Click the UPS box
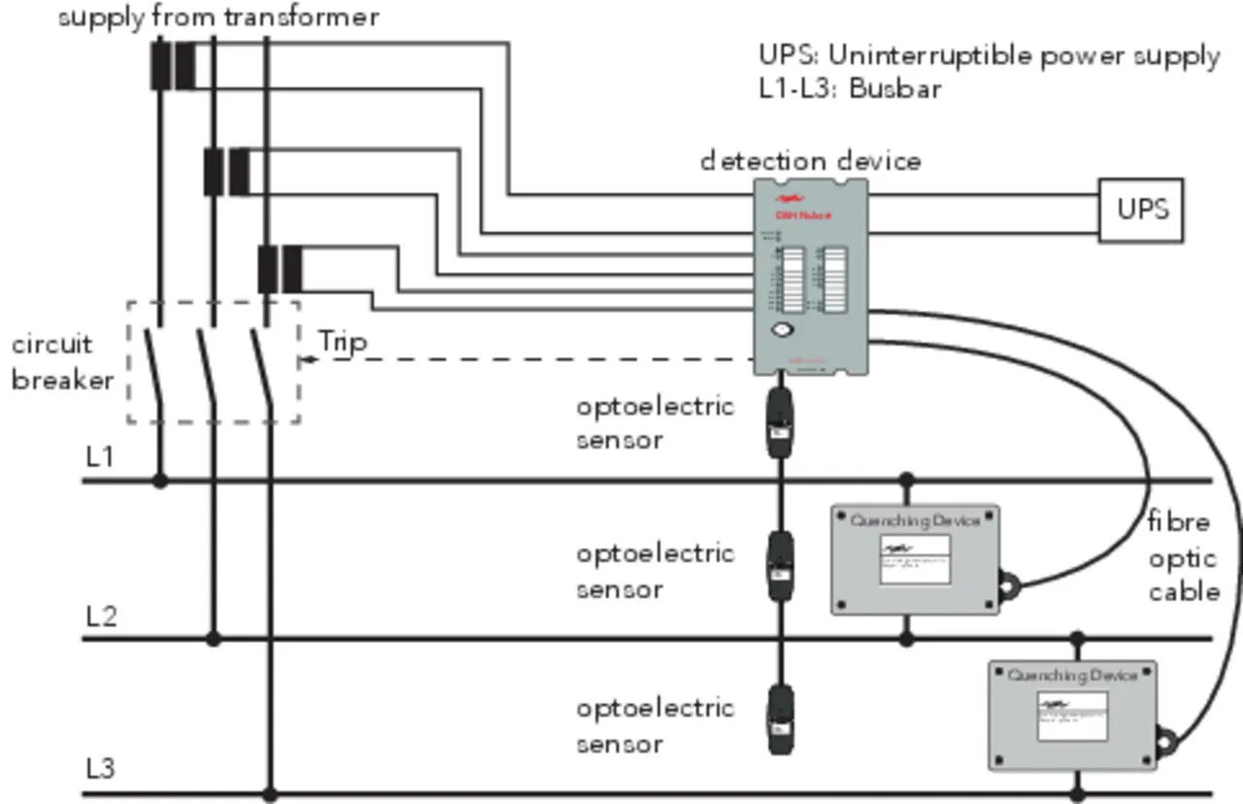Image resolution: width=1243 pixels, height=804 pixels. coord(1141,210)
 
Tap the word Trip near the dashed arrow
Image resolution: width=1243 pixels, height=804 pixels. coord(343,342)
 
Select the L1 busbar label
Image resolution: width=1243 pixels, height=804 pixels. coord(101,456)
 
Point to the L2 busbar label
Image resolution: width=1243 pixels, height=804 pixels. coord(101,616)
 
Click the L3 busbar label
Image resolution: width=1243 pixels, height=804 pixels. coord(101,769)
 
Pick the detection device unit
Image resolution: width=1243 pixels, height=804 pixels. coord(811,278)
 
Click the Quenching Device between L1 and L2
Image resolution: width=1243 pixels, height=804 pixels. coord(915,559)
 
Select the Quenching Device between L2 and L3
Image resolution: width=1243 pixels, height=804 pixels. coord(1072,715)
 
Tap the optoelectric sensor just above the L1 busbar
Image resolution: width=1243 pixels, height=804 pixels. coord(780,423)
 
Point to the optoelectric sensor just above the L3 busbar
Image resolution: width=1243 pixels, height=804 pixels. coord(780,720)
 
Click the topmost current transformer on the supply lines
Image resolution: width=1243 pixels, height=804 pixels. coord(173,65)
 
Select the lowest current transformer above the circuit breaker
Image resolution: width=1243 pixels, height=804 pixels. coord(280,270)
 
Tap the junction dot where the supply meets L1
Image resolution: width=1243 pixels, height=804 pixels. coord(160,481)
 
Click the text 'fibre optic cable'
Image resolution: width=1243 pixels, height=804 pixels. coord(1182,557)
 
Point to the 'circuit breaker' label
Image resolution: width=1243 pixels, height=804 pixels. coord(62,362)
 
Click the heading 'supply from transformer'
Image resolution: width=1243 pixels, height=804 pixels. coord(218,17)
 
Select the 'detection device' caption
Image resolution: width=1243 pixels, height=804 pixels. coord(811,160)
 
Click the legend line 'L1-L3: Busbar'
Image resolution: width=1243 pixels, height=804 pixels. coord(851,88)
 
